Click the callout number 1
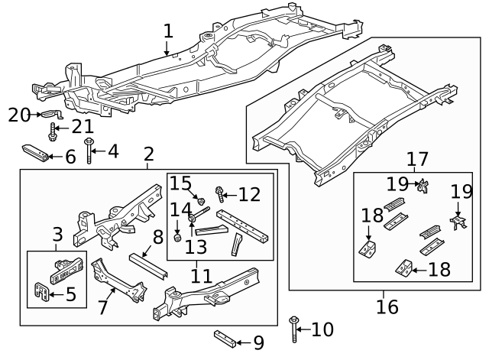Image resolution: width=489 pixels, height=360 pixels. (168, 31)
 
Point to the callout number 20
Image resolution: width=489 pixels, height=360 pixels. (18, 115)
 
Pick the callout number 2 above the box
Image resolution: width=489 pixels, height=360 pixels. (148, 154)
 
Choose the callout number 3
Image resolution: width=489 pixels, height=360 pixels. (57, 235)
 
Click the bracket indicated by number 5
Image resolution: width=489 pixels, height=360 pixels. (45, 292)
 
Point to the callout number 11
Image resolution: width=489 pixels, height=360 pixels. (202, 274)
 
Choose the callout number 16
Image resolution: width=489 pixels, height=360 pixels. (387, 306)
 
